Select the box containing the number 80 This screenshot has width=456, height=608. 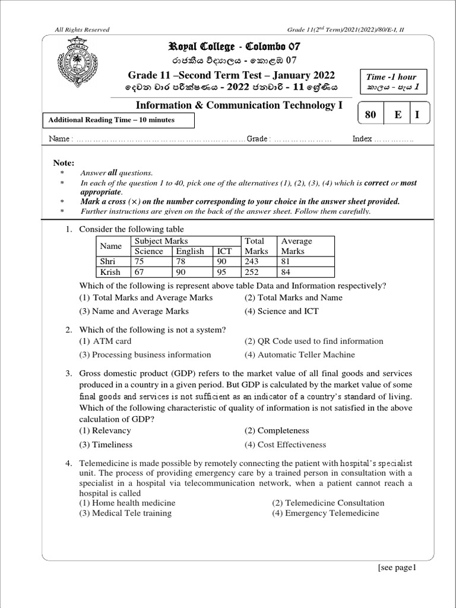[371, 115]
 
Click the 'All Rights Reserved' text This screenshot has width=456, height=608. [82, 30]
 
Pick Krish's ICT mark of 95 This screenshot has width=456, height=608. [226, 272]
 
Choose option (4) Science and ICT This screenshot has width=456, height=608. [281, 311]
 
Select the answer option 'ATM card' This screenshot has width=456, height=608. [106, 341]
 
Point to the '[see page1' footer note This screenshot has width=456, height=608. [398, 568]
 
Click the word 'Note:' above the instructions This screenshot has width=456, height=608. [64, 163]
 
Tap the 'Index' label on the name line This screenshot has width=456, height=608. [362, 139]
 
